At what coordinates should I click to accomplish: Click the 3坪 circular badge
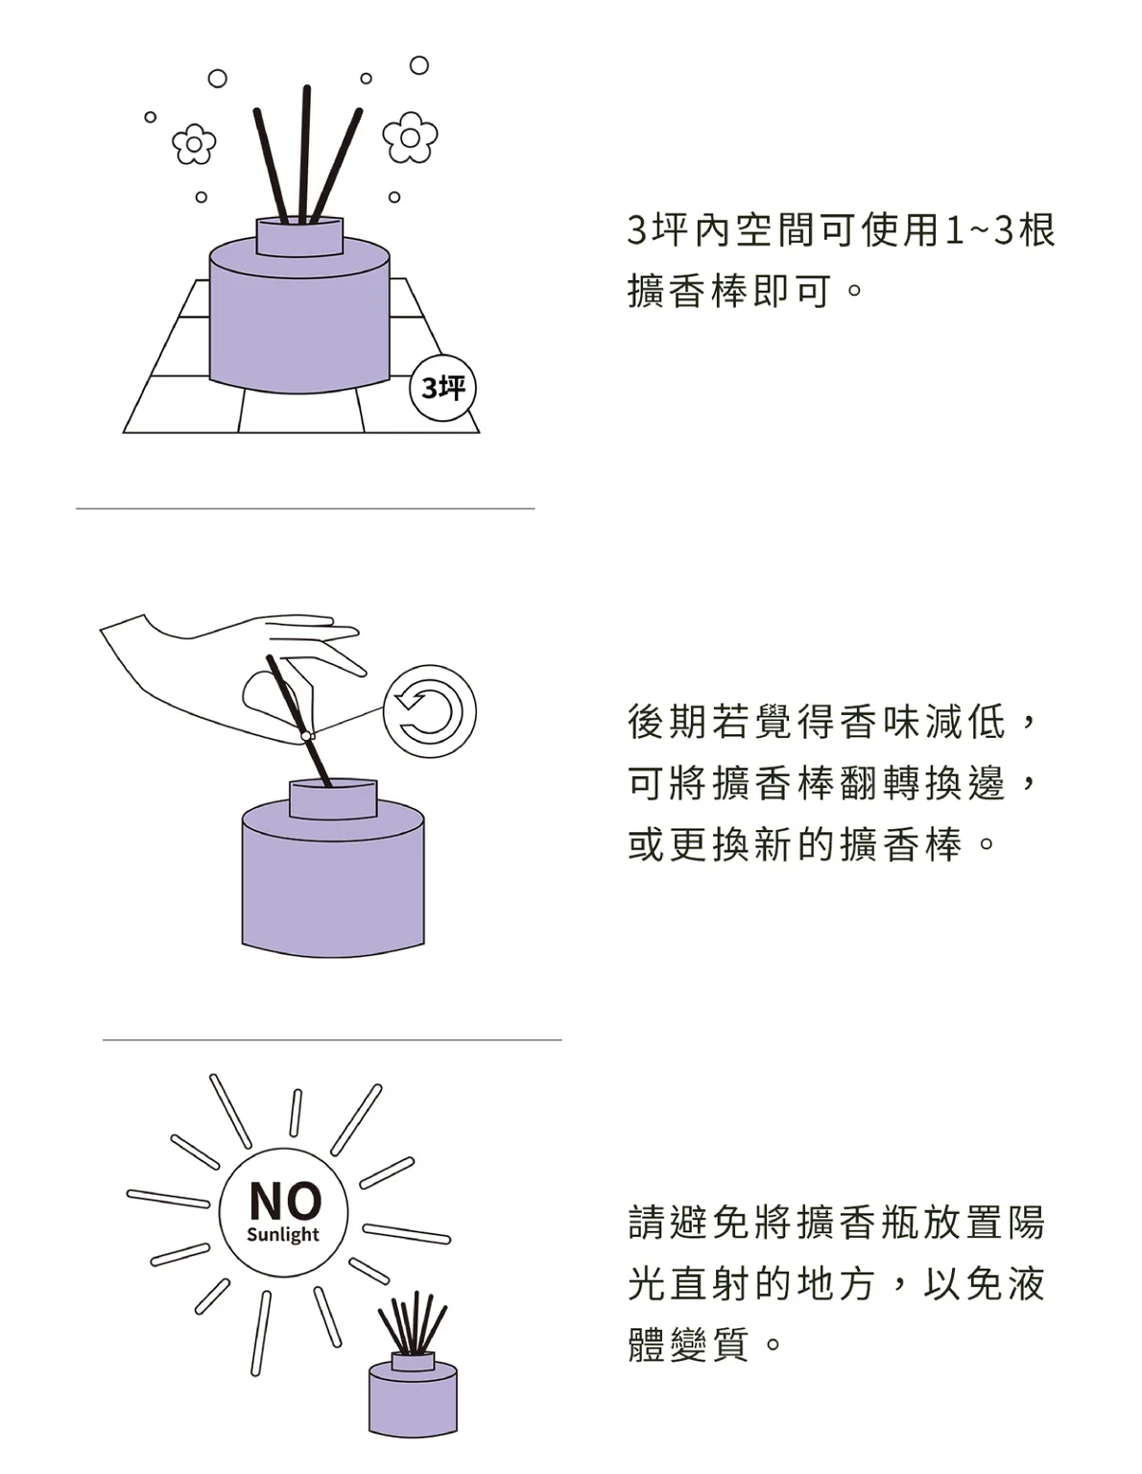(442, 389)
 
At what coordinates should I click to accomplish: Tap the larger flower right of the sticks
(410, 137)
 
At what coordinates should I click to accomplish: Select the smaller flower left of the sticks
(194, 144)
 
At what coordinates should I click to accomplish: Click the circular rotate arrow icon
(429, 711)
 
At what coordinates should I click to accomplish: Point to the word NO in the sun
(285, 1200)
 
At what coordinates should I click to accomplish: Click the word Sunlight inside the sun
(283, 1234)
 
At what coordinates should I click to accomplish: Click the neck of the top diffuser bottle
(299, 237)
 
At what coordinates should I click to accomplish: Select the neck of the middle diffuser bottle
(333, 799)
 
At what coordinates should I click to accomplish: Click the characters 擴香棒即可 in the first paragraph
(729, 291)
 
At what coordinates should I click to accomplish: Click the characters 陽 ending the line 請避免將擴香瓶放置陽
(1025, 1223)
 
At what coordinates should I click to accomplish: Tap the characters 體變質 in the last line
(688, 1344)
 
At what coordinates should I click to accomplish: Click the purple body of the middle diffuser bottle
(333, 882)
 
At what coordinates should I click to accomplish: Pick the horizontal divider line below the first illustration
(305, 508)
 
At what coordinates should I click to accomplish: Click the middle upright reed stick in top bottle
(305, 154)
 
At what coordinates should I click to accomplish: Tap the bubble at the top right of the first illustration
(419, 65)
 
